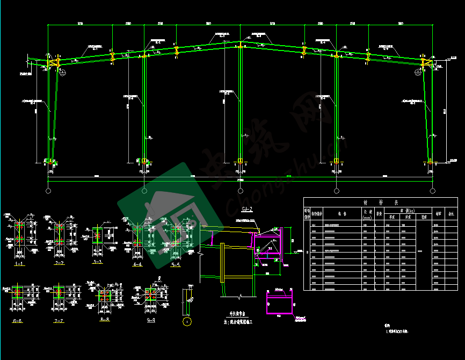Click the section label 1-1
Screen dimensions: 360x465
19,264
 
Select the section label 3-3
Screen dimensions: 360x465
97,262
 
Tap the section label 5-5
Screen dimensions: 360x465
176,265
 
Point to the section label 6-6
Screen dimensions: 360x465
18,321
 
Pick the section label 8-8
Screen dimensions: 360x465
105,319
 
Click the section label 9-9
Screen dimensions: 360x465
149,320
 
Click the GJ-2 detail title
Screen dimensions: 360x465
248,209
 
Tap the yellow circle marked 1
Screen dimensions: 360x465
186,322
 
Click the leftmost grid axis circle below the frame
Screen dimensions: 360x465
48,191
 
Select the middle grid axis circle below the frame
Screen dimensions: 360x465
240,191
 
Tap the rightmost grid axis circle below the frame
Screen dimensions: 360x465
432,191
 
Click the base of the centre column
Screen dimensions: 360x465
240,161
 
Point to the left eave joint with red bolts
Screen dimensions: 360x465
53,63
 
